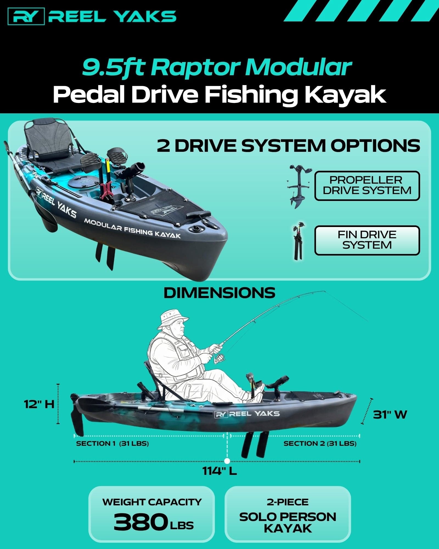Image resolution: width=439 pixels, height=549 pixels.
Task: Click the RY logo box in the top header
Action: (x=26, y=16)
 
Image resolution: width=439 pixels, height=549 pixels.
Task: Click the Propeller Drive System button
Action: (x=367, y=186)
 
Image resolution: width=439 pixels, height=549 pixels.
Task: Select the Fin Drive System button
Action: (x=367, y=240)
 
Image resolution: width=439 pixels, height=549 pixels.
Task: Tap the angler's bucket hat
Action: (x=173, y=319)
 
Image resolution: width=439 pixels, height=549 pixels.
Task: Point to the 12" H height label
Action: (x=39, y=404)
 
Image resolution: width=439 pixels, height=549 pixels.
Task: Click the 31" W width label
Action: (x=390, y=415)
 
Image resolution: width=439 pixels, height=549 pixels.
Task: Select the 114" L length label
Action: (x=219, y=471)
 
